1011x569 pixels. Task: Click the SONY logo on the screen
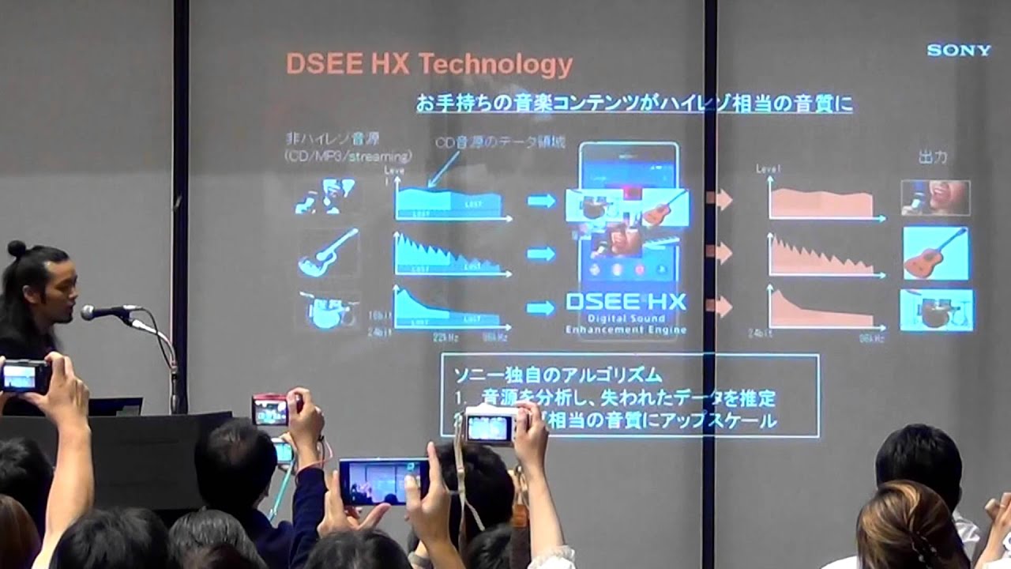(x=958, y=51)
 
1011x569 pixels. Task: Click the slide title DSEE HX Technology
(x=429, y=65)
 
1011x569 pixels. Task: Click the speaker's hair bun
(x=17, y=248)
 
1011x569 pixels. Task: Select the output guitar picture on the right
(x=936, y=253)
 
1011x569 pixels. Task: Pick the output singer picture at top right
(x=935, y=198)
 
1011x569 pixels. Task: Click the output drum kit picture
(x=936, y=310)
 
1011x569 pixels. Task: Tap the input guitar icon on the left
(x=328, y=252)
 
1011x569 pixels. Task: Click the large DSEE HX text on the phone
(x=626, y=302)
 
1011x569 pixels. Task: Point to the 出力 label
(x=932, y=157)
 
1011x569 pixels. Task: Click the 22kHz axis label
(x=445, y=337)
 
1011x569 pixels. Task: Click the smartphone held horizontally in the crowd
(x=384, y=480)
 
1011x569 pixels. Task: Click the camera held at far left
(x=24, y=377)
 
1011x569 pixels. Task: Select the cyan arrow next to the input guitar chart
(x=541, y=254)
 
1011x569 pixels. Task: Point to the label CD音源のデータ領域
(x=501, y=142)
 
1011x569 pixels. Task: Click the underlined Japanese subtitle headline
(x=634, y=104)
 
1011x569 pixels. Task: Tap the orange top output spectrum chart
(x=821, y=203)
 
